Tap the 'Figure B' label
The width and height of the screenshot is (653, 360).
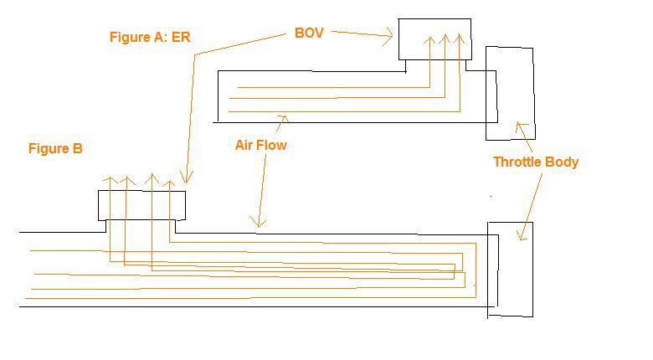55,149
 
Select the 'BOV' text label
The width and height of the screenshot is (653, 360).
309,33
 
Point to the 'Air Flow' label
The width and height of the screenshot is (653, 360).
260,145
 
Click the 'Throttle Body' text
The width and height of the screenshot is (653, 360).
536,162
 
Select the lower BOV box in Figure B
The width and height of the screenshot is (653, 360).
141,205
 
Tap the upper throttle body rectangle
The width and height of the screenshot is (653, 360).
510,92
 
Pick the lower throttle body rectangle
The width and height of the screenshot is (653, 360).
510,269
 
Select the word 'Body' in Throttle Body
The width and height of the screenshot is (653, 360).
562,162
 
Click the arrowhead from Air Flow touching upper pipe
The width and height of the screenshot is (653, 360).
285,118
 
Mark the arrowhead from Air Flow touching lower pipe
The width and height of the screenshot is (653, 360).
260,224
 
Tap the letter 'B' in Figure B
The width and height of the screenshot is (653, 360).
78,149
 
